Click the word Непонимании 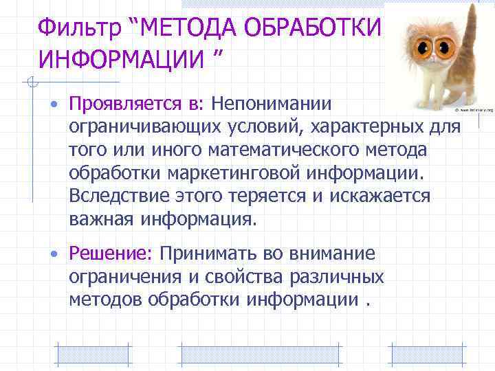click(272, 104)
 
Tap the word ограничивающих click(146, 128)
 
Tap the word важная click(104, 220)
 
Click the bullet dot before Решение click(53, 255)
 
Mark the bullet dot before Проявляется click(53, 105)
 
